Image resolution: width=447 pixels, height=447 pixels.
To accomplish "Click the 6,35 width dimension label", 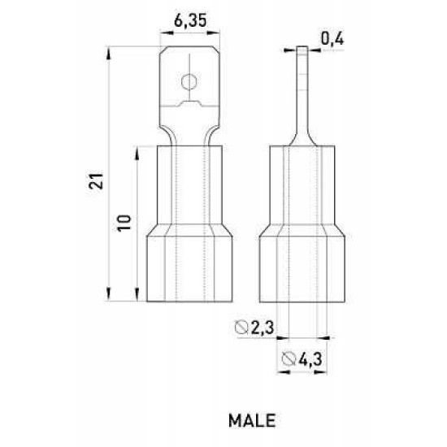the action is coord(190,21).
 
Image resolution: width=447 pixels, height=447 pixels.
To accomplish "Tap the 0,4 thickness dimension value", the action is coord(332,39).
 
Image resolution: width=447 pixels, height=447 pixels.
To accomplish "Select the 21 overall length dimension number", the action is coord(96,180).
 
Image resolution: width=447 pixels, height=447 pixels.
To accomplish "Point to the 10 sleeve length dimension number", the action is coord(124,223).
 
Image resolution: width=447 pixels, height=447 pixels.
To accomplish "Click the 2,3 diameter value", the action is coord(263,328).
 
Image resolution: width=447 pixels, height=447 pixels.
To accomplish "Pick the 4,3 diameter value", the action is coord(310,359).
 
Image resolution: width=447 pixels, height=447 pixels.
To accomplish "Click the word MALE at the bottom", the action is coord(252,420).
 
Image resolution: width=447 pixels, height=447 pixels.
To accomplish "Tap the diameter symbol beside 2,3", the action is coord(241,327).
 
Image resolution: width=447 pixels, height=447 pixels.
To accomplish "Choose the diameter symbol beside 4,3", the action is coord(288,358).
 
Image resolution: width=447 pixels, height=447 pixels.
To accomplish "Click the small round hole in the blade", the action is coord(189,82).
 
